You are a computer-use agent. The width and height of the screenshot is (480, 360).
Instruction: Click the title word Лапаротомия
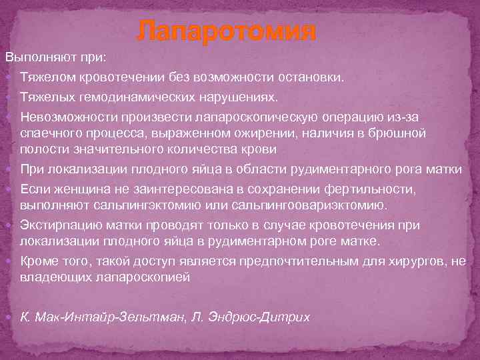click(x=226, y=31)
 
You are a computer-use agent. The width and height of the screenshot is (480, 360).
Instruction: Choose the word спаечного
click(x=47, y=133)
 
